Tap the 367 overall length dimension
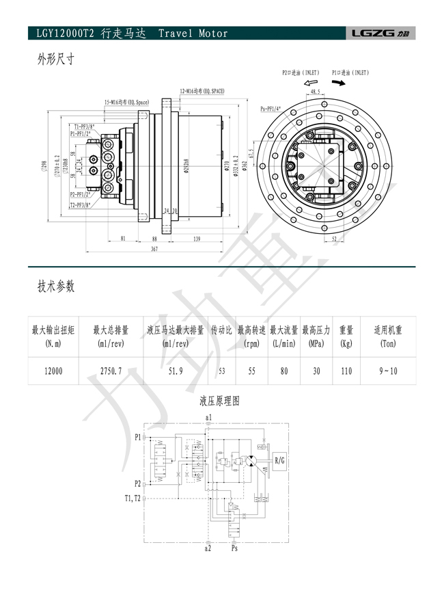(154, 250)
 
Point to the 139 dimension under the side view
(196, 238)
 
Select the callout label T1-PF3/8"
(83, 127)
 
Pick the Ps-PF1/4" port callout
(274, 109)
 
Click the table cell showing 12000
(53, 371)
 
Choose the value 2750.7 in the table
(110, 371)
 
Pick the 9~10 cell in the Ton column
(387, 371)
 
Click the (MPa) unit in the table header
(316, 343)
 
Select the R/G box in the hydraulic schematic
(280, 462)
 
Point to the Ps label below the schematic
(235, 548)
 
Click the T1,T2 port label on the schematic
(132, 498)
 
